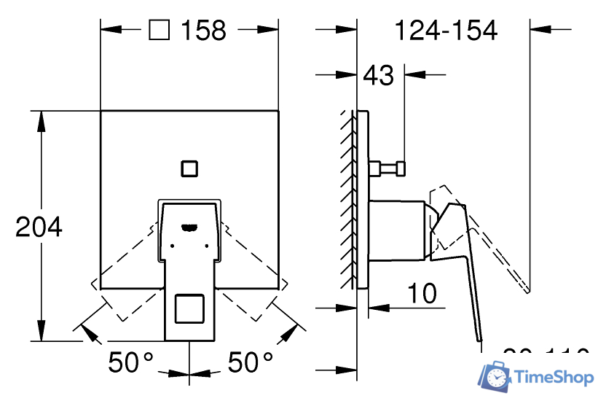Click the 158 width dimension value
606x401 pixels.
(x=204, y=31)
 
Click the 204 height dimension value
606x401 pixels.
(x=39, y=227)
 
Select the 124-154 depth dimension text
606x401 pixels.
(x=445, y=31)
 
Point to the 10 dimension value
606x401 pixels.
(x=422, y=293)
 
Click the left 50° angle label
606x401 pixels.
(x=131, y=361)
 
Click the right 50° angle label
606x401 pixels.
(x=250, y=361)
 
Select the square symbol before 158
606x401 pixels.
(x=160, y=31)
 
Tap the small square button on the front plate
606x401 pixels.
(x=189, y=168)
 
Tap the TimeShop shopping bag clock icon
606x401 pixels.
(x=495, y=375)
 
